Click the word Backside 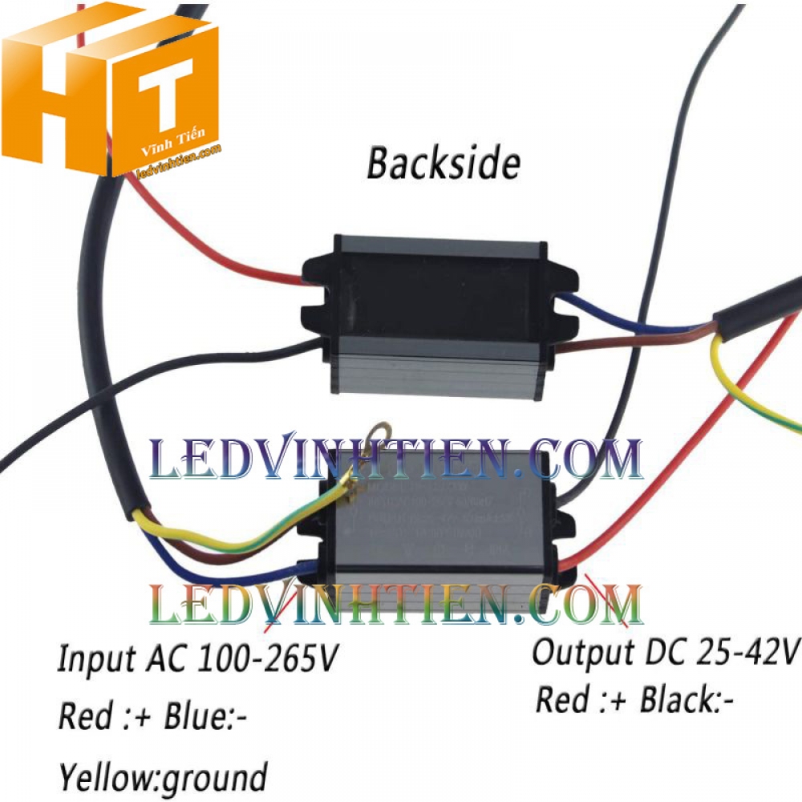point(443,164)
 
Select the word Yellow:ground point(162,776)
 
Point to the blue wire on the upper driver point(634,319)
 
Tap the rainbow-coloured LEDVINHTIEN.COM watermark point(396,605)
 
